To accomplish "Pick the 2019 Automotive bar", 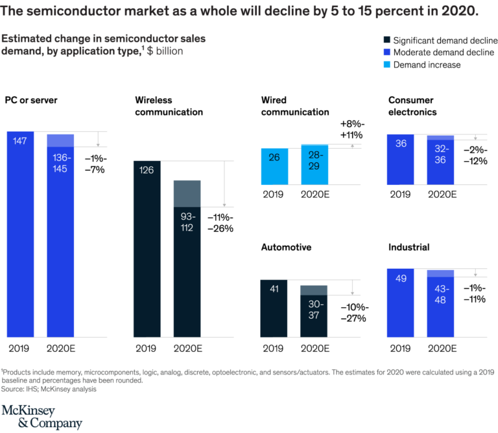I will coord(273,308).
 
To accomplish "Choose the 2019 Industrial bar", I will coord(400,303).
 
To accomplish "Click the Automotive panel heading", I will coord(286,247).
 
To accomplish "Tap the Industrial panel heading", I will coord(409,247).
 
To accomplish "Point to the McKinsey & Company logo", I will coord(41,417).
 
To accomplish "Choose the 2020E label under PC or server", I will coord(60,348).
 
